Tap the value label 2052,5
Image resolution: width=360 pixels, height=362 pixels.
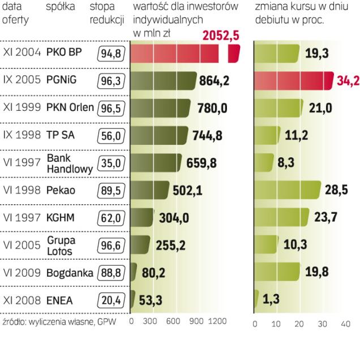[x=220, y=36]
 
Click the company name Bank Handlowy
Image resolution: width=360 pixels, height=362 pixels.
[x=62, y=162]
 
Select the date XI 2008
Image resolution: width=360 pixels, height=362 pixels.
[x=21, y=300]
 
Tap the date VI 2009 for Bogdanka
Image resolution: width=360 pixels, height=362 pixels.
[x=21, y=273]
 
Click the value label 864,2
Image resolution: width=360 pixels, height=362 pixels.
[x=215, y=81]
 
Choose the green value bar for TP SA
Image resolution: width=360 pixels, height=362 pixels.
[x=159, y=135]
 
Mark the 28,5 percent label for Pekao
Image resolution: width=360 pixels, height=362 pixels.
[x=336, y=190]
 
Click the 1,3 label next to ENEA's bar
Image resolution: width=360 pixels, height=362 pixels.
[x=270, y=300]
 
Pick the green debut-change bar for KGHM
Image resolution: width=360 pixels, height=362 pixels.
[x=280, y=217]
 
